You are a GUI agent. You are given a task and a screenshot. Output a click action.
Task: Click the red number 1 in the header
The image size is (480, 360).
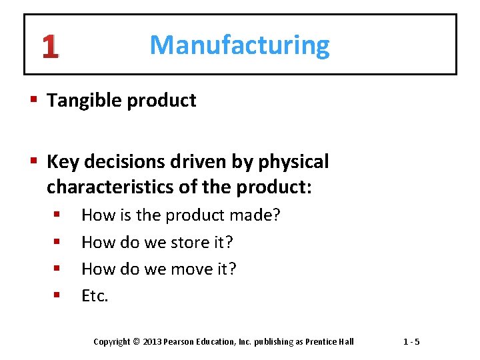(x=49, y=46)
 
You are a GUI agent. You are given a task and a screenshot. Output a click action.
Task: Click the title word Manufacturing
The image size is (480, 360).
(x=239, y=45)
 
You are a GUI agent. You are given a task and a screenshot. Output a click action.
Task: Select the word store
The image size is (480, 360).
(x=182, y=243)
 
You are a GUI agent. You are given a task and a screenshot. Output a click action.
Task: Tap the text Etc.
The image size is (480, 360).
(x=95, y=296)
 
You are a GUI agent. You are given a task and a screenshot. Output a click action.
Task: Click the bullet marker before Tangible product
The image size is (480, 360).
(x=35, y=101)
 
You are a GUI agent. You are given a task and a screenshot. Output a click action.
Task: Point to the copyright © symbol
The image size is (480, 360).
(x=136, y=342)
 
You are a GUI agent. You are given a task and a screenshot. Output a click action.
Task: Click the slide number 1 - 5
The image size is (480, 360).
(x=411, y=342)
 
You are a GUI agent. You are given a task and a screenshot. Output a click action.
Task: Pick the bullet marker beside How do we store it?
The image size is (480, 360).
(x=57, y=243)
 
